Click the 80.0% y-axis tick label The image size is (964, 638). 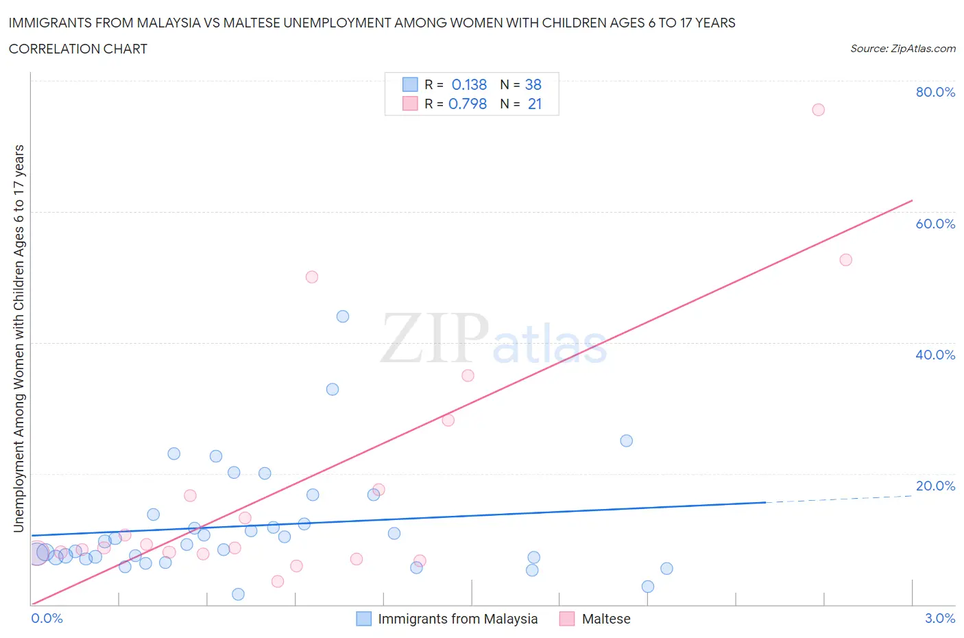click(x=935, y=92)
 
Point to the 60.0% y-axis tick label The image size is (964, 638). click(x=935, y=224)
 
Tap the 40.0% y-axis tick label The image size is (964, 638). click(x=935, y=355)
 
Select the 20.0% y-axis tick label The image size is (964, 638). click(x=935, y=486)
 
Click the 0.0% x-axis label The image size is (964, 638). click(x=47, y=618)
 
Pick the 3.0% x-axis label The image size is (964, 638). click(x=939, y=618)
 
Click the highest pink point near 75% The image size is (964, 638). click(x=818, y=110)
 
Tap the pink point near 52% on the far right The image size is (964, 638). click(x=845, y=260)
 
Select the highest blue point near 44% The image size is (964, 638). click(x=343, y=316)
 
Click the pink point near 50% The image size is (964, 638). click(x=312, y=277)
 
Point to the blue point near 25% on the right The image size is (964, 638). click(x=626, y=440)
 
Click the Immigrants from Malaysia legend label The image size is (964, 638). click(x=457, y=619)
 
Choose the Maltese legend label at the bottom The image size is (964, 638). click(x=605, y=619)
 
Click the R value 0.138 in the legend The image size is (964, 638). click(x=469, y=84)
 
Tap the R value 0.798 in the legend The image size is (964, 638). click(x=468, y=104)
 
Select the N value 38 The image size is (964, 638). click(x=533, y=84)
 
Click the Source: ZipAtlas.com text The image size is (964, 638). click(x=902, y=49)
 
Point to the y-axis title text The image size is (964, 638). click(x=19, y=339)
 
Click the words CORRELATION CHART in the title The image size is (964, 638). click(x=78, y=49)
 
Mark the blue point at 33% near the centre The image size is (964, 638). click(x=333, y=389)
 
